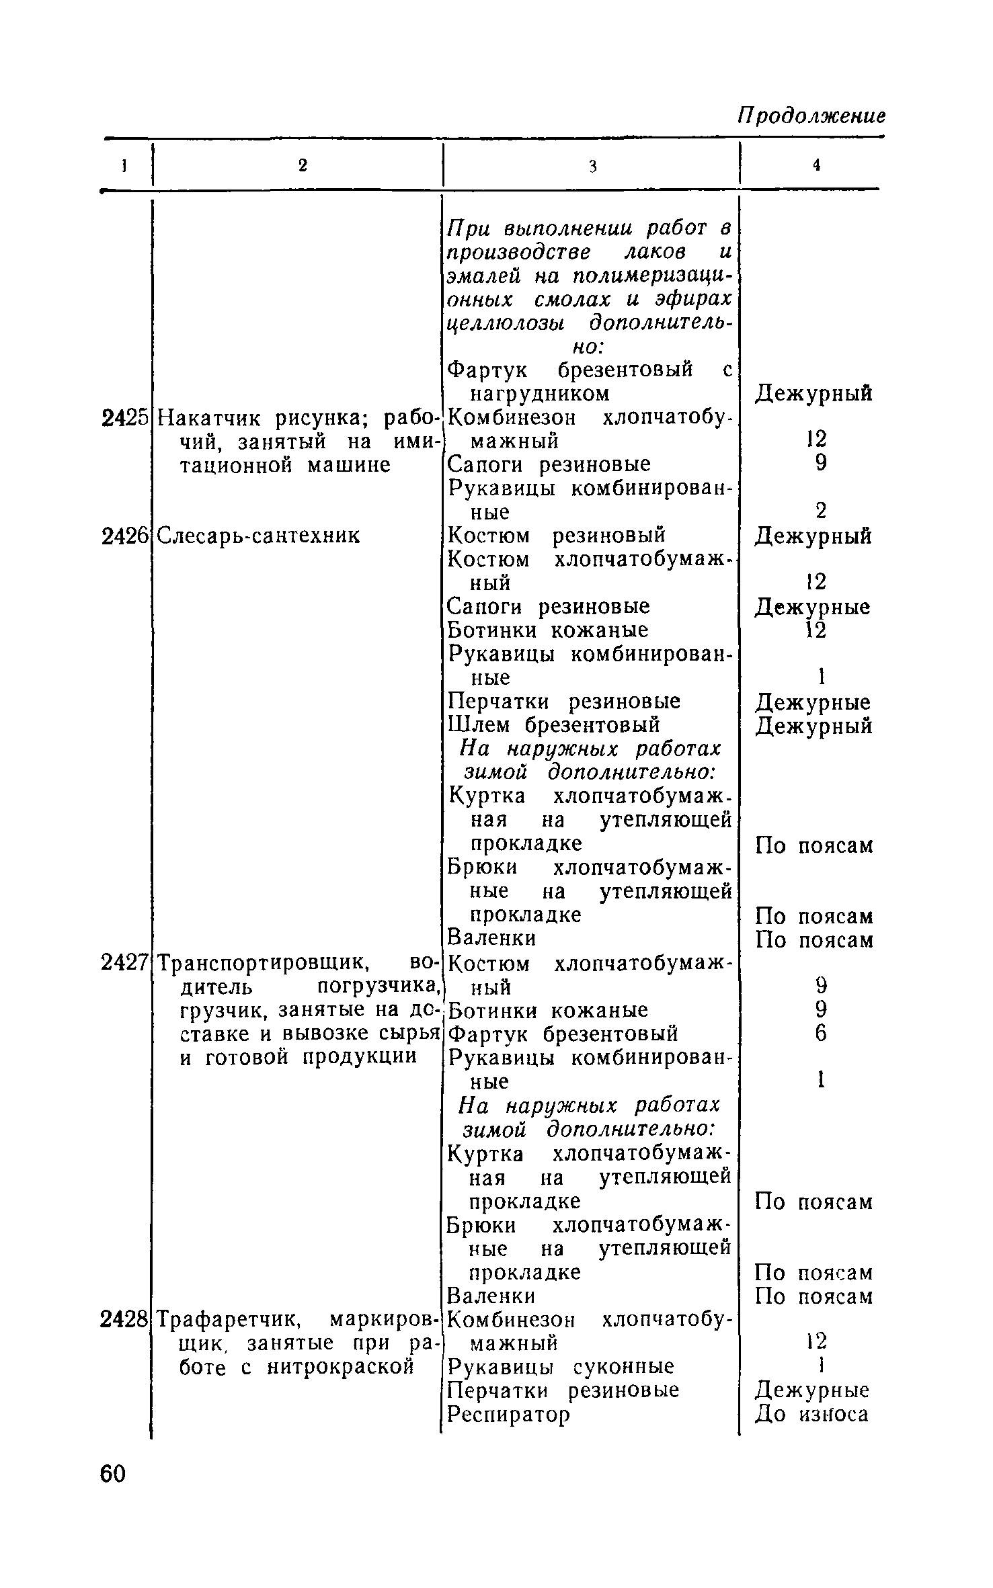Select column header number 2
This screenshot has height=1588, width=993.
303,165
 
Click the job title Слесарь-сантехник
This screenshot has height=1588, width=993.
259,536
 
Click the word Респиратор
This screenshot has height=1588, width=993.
508,1415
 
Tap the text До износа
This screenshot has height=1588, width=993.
811,1415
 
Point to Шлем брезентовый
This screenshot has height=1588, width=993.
554,725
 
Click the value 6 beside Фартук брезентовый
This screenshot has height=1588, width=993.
820,1033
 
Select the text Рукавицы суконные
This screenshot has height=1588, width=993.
561,1367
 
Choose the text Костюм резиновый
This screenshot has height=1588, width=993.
557,536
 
